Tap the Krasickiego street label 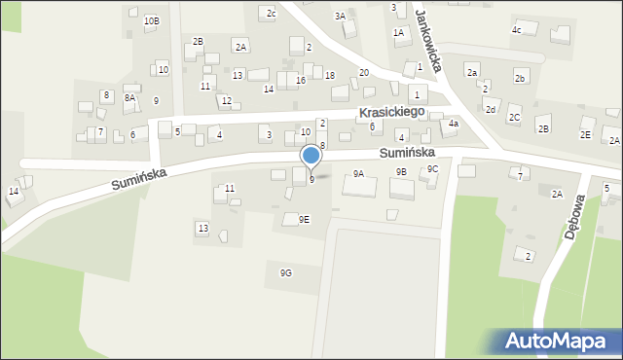point(392,113)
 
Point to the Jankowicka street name point(428,41)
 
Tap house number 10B point(151,20)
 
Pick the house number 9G point(285,272)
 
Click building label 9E point(304,219)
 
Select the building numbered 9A point(358,173)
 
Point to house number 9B point(401,171)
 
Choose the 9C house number point(433,169)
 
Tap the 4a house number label point(453,125)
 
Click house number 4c point(517,30)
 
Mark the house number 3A point(340,17)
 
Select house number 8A point(129,97)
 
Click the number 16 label point(301,80)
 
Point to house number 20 point(363,73)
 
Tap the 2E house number point(585,134)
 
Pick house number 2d point(491,110)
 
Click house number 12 point(226,101)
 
